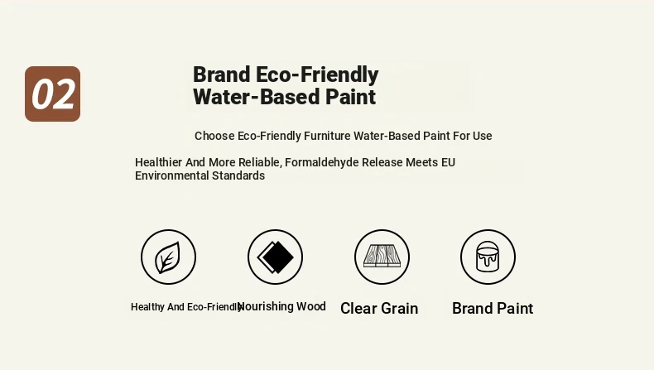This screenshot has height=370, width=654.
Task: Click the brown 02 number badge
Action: (52, 94)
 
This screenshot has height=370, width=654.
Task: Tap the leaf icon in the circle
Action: (168, 257)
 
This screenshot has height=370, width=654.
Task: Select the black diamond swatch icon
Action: (276, 257)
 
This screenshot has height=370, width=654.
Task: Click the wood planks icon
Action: (382, 256)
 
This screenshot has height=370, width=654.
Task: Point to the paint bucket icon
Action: (488, 257)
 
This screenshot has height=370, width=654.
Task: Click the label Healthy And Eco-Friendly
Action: (186, 307)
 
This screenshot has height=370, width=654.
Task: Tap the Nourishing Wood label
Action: (281, 306)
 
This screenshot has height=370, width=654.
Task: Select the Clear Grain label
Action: (379, 308)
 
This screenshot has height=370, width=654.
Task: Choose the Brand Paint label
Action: (493, 308)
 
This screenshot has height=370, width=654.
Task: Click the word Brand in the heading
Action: (222, 74)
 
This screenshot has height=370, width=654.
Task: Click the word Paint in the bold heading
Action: (350, 97)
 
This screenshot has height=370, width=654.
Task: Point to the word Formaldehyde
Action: (321, 162)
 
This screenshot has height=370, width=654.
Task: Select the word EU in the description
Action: (449, 162)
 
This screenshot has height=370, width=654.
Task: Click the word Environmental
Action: (172, 175)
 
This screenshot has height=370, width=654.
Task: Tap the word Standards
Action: (238, 175)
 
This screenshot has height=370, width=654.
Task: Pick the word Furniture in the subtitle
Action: (327, 136)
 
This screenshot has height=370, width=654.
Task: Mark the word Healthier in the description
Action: (158, 162)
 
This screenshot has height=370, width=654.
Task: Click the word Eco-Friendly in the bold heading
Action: (317, 74)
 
